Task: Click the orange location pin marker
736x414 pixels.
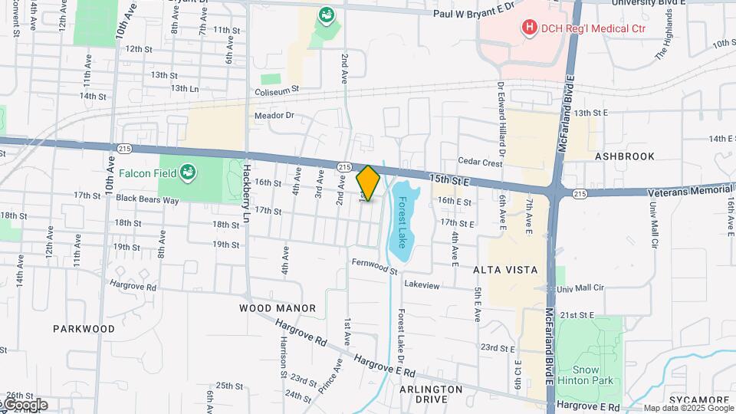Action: (369, 182)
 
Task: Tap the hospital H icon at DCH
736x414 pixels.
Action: (528, 28)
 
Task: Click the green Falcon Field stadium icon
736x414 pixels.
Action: (188, 172)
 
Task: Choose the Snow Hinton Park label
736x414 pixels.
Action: (586, 374)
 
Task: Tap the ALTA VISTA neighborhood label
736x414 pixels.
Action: (504, 271)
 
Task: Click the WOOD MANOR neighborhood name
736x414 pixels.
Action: (278, 308)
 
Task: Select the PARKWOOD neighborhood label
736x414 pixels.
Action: (84, 328)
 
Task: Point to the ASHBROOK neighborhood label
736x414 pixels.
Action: (625, 156)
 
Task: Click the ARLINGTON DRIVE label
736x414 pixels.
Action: (431, 394)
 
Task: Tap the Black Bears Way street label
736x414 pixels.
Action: (147, 199)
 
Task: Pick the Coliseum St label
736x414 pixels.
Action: (277, 88)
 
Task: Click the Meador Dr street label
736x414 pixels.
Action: (274, 116)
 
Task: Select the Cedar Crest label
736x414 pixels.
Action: (480, 163)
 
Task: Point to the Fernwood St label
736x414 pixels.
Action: (375, 267)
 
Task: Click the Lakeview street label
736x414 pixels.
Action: (422, 285)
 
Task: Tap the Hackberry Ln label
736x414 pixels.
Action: (247, 192)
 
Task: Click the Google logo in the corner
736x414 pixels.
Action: (25, 404)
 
